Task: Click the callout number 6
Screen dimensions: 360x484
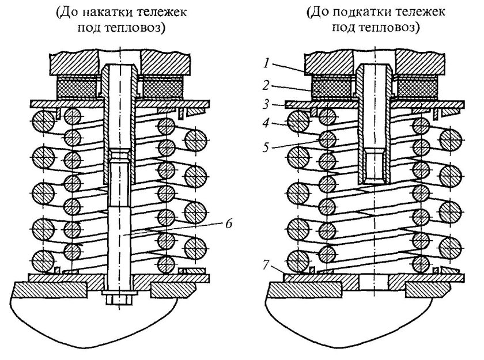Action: [228, 224]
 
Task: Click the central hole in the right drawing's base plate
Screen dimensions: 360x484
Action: [375, 281]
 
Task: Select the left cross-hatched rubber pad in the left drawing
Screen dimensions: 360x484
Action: [77, 88]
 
